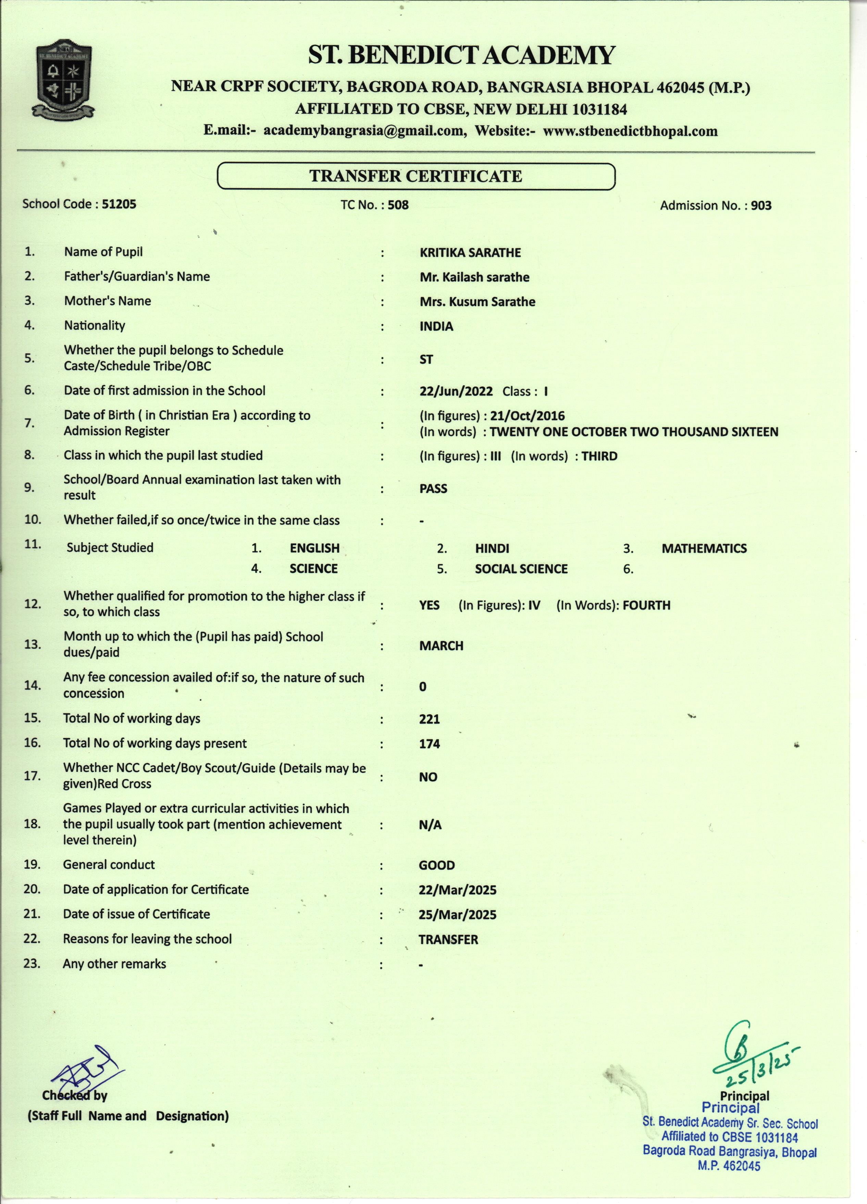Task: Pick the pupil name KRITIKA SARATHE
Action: (x=470, y=253)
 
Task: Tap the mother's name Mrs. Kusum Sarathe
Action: (x=477, y=302)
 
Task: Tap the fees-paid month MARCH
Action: (x=441, y=646)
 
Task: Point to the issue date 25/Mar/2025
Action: (x=457, y=915)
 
